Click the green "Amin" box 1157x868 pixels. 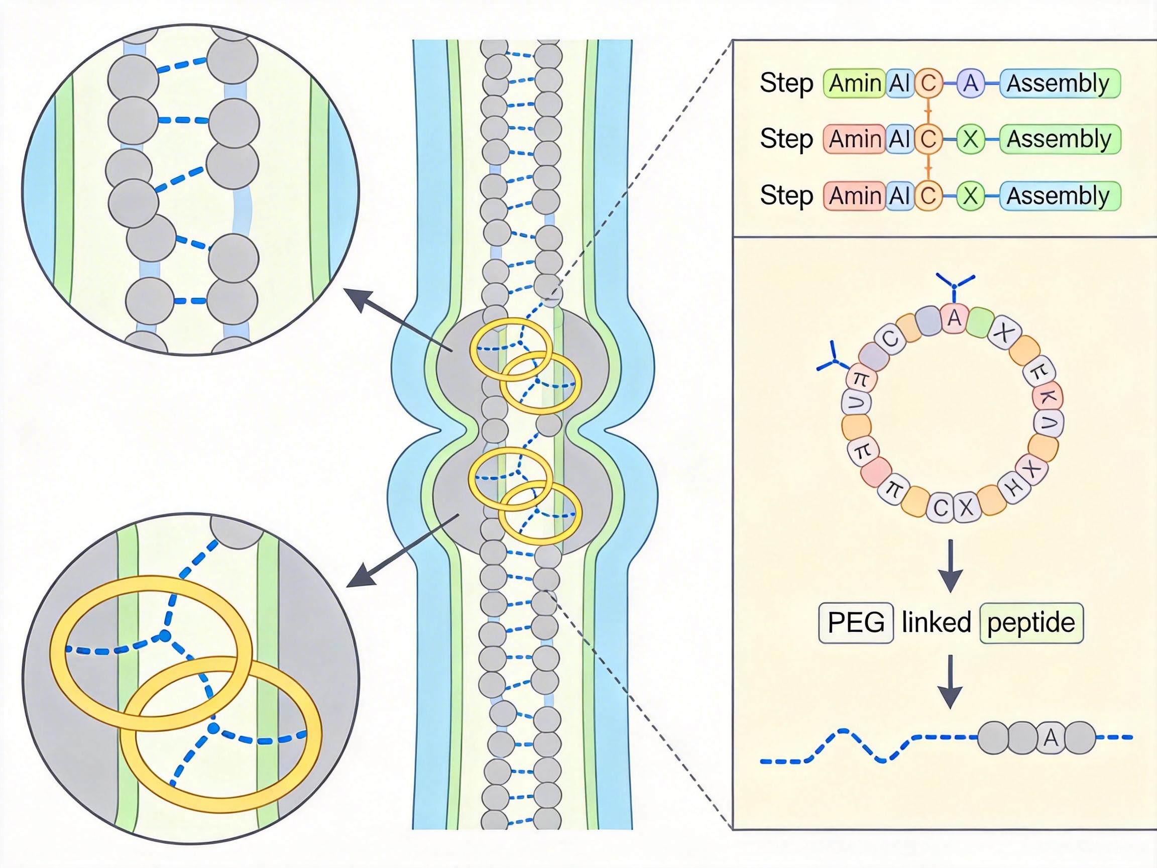tap(854, 83)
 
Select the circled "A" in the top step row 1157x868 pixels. tap(970, 83)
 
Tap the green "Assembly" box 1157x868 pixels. tap(1059, 139)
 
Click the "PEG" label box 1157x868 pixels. tap(856, 622)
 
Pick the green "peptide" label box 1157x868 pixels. tap(1031, 622)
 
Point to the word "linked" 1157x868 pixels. tap(936, 622)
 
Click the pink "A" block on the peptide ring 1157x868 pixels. tap(955, 318)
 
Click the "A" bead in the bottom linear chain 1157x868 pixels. tap(1051, 738)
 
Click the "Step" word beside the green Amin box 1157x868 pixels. tap(786, 83)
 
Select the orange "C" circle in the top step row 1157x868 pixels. tap(928, 83)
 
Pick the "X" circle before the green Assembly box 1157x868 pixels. tap(970, 139)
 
